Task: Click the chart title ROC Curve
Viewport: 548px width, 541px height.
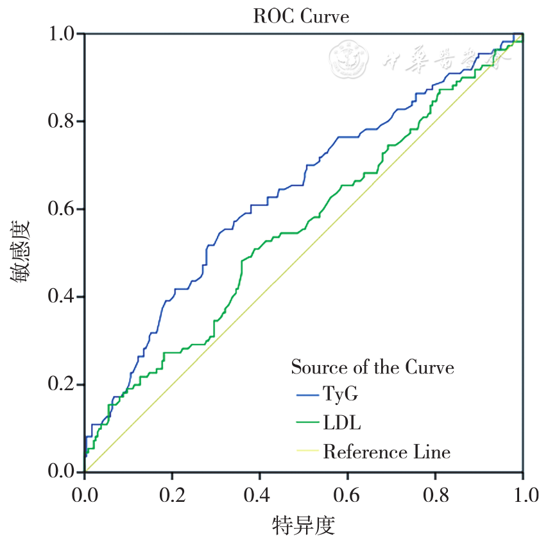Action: (x=301, y=17)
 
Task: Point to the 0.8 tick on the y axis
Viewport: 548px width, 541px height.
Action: (x=65, y=121)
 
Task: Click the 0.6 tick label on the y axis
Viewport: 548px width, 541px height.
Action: (x=65, y=209)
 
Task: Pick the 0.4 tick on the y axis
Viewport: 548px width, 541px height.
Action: (x=65, y=297)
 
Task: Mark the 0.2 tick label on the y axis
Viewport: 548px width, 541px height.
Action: (x=65, y=385)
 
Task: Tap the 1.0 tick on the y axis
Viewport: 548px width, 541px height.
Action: (x=65, y=33)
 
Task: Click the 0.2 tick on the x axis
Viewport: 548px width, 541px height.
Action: (x=172, y=494)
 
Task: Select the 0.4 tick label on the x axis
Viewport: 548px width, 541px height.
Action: (x=260, y=494)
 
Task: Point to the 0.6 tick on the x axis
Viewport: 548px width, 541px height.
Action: (x=347, y=494)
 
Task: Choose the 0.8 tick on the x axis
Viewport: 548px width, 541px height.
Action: (x=435, y=494)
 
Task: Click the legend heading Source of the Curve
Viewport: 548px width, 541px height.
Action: (x=372, y=367)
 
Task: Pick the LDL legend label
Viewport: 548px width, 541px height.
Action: (x=341, y=423)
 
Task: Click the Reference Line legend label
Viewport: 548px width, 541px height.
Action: (x=386, y=452)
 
